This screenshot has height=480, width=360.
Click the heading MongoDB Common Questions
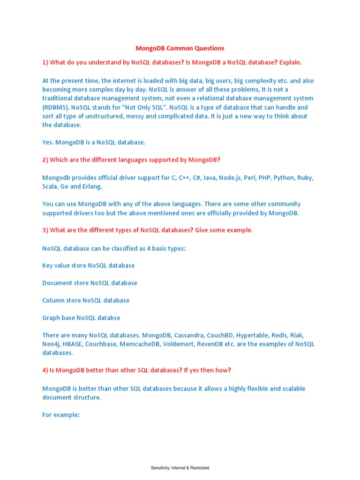[180, 48]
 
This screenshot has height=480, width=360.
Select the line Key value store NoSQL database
[89, 265]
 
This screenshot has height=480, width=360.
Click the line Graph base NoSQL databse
[81, 318]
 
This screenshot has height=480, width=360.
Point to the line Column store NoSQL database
[86, 300]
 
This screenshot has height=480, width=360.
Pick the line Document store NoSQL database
[90, 283]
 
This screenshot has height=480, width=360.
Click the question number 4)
[45, 370]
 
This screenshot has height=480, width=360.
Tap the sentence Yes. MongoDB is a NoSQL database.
[94, 142]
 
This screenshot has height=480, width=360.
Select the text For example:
[62, 415]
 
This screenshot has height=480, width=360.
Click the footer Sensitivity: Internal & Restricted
[180, 468]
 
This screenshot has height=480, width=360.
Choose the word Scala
[51, 187]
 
